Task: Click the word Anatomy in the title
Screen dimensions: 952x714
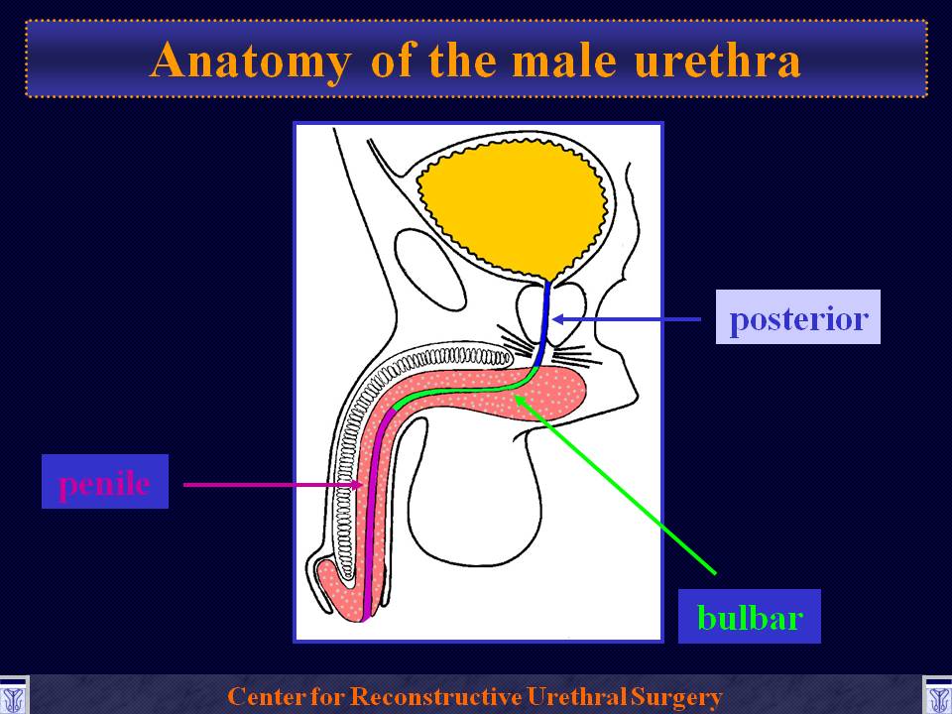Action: pyautogui.click(x=251, y=61)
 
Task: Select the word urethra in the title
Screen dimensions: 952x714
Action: pyautogui.click(x=717, y=60)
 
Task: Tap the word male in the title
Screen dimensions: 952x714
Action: pyautogui.click(x=564, y=60)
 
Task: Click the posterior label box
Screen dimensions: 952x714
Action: pyautogui.click(x=797, y=317)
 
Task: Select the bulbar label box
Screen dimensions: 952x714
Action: pyautogui.click(x=750, y=616)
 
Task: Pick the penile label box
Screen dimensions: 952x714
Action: pyautogui.click(x=104, y=482)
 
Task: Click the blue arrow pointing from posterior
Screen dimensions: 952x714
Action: pyautogui.click(x=626, y=318)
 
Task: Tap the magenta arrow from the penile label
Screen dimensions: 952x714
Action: pyautogui.click(x=274, y=485)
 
